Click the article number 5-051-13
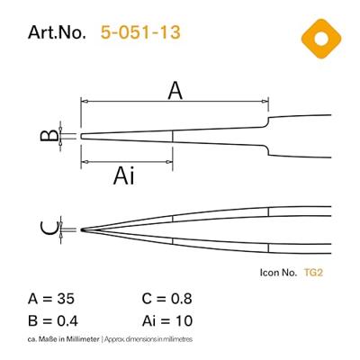[141, 33]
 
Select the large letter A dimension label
[175, 89]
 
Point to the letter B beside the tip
[51, 137]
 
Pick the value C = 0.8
[167, 298]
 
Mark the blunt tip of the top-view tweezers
[83, 137]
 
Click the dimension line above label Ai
[126, 161]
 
